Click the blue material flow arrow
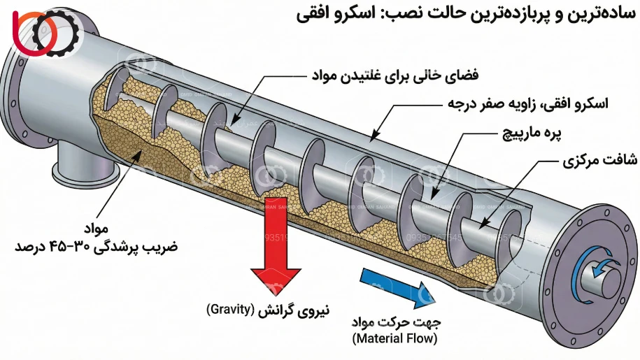(x=392, y=282)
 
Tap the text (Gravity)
(x=229, y=309)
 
